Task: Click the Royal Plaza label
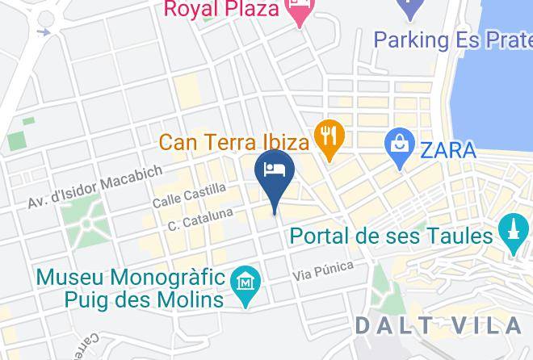221,10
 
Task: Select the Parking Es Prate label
452,39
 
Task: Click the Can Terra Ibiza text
234,143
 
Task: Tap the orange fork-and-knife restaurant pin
328,135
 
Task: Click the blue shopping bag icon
399,145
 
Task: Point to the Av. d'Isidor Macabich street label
96,187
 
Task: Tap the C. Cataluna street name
201,219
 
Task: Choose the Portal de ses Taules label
391,237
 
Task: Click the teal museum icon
243,284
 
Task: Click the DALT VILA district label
439,325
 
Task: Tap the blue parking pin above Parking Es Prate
410,8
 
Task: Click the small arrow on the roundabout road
44,32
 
